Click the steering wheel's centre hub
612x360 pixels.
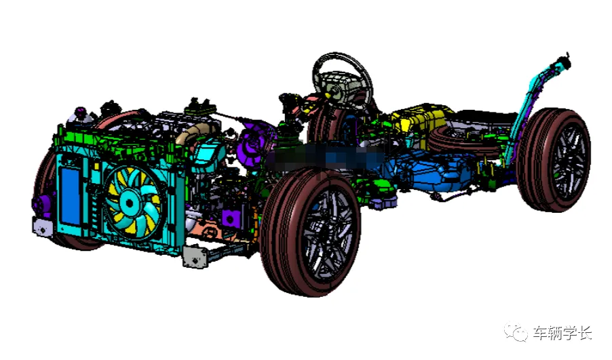pyautogui.click(x=341, y=87)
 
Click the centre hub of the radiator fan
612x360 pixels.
pyautogui.click(x=129, y=203)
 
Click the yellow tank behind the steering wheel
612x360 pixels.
pyautogui.click(x=419, y=117)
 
